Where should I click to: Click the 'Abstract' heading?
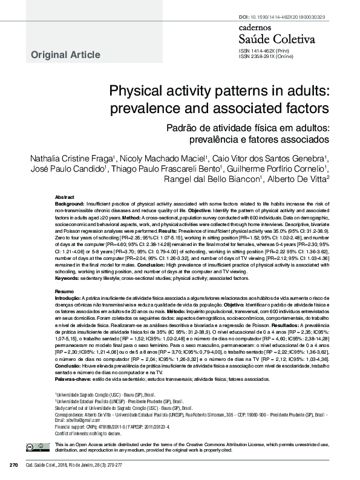click(65, 198)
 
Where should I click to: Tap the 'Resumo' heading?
click(64, 291)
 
